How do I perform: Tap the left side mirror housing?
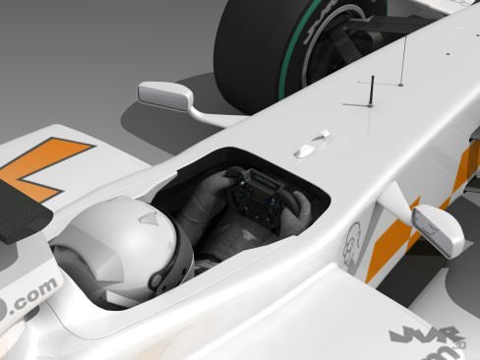pos(164,94)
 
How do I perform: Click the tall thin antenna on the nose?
pos(401,64)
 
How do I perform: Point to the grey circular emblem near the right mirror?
pos(355,240)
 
